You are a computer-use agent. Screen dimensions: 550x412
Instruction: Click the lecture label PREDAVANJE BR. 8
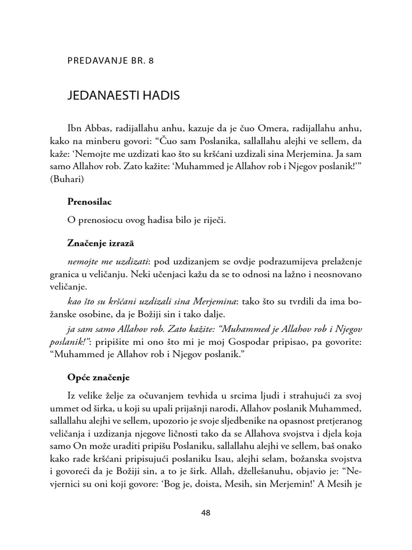pyautogui.click(x=111, y=61)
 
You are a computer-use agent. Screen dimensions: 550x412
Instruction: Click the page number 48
pyautogui.click(x=205, y=512)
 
